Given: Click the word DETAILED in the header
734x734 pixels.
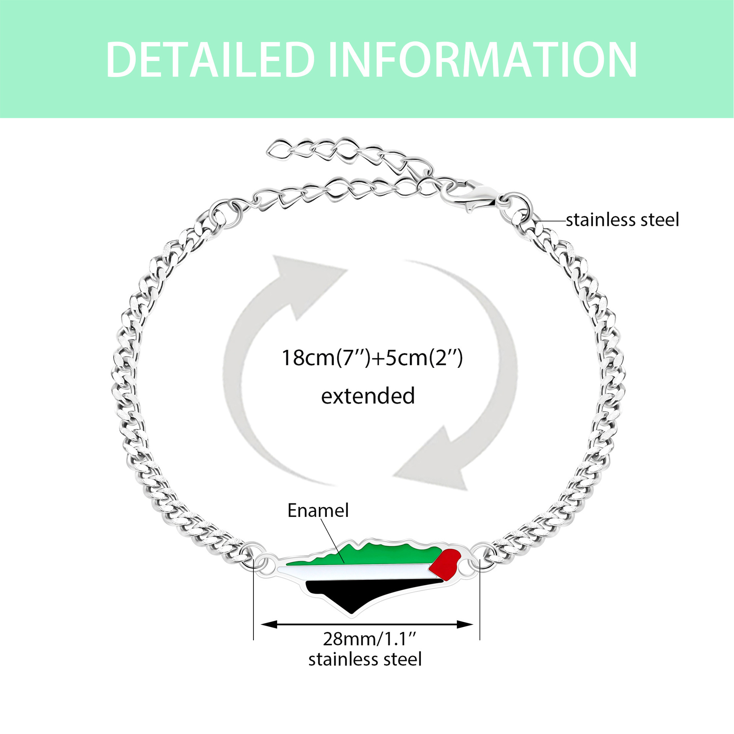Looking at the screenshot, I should pos(210,60).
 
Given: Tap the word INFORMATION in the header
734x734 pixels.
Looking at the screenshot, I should pos(482,60).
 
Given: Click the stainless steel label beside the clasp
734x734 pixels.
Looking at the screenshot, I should pos(622,220).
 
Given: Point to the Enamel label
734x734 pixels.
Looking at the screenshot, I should pos(318,511).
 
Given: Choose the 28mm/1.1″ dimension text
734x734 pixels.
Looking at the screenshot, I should pos(369,639).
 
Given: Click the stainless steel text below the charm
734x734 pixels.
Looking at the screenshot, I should pos(365,659).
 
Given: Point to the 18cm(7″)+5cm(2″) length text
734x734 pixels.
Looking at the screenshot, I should pos(372,358).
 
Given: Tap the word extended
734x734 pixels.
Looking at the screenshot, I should pos(368,396).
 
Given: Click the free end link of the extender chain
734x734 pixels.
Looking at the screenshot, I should pos(276,149).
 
